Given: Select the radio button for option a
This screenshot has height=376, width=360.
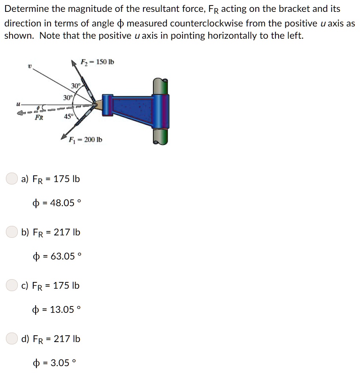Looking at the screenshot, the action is [x=12, y=179].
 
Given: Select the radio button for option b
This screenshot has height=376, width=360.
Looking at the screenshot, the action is [x=12, y=232].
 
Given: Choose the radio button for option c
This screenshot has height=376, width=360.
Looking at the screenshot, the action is [x=12, y=285].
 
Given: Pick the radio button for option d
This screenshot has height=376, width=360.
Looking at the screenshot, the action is [x=12, y=338].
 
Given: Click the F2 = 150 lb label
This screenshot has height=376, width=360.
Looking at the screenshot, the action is [x=97, y=62].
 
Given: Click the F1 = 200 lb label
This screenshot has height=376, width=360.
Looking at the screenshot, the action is [x=85, y=139].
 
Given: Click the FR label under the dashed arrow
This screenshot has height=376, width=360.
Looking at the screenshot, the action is [x=39, y=118].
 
